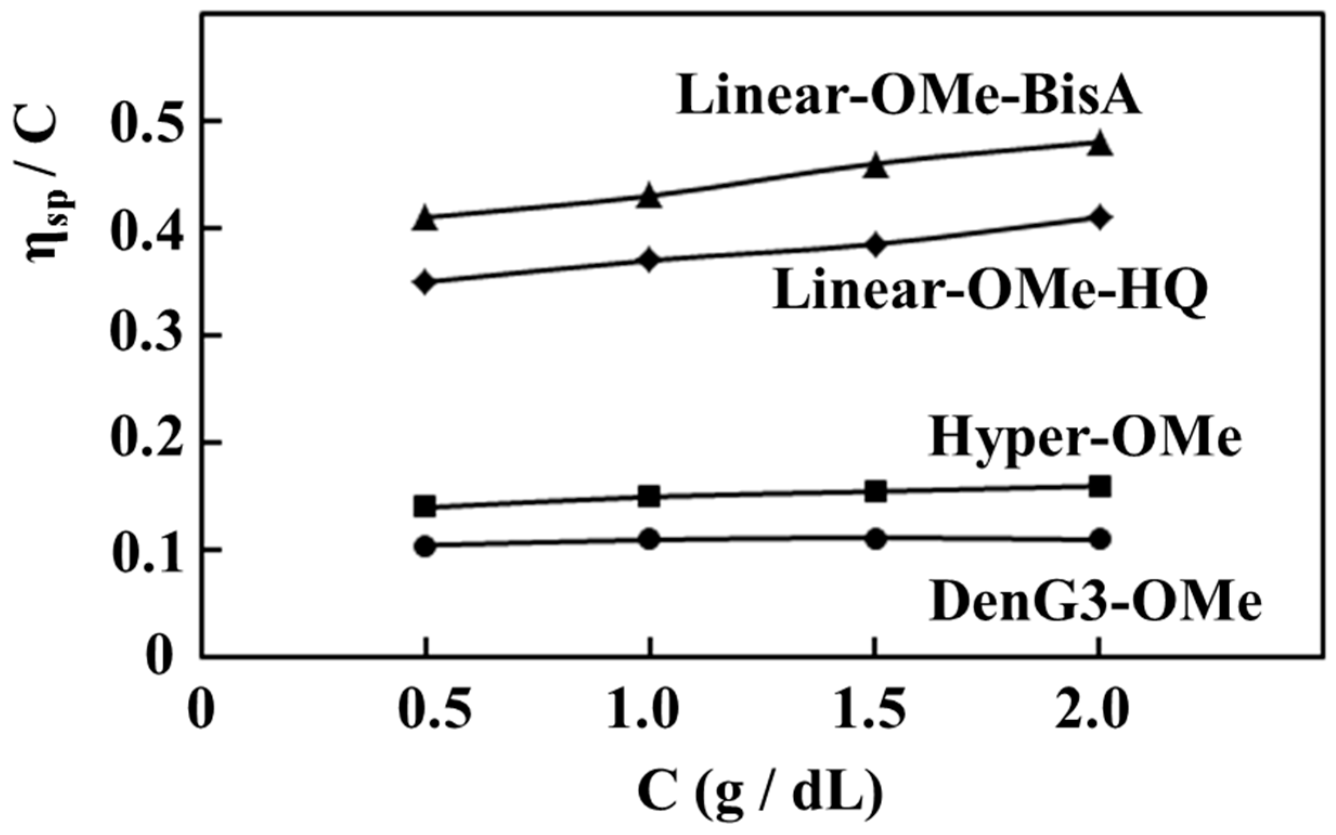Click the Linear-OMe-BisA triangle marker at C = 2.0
pyautogui.click(x=1099, y=143)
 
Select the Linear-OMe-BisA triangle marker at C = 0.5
pyautogui.click(x=425, y=218)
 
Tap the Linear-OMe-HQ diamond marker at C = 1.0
pyautogui.click(x=649, y=259)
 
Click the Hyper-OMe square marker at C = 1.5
pyautogui.click(x=874, y=491)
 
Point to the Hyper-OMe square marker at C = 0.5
pyautogui.click(x=425, y=506)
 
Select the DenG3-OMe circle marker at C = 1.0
pyautogui.click(x=649, y=539)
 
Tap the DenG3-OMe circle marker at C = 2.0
pyautogui.click(x=1099, y=539)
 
